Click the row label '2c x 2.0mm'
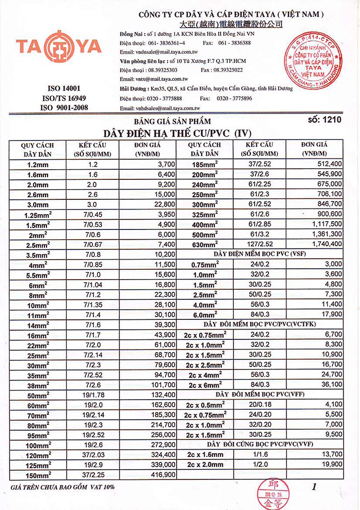[x=205, y=464]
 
